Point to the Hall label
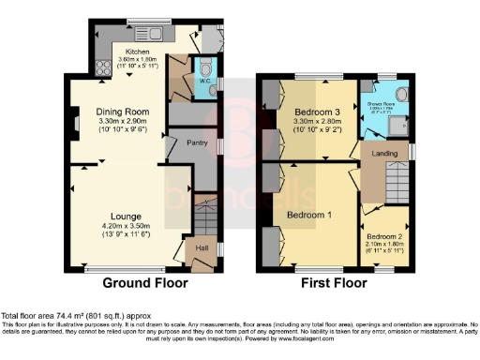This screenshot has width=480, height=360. point(199,248)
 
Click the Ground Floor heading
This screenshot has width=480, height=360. point(144,282)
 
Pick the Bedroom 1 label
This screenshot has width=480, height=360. point(308,215)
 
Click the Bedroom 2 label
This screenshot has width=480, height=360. point(385,236)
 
